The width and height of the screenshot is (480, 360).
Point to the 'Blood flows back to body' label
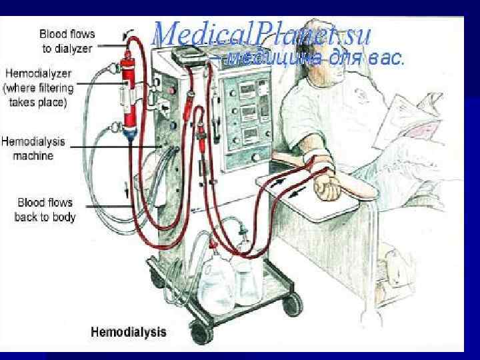pos(46,209)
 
